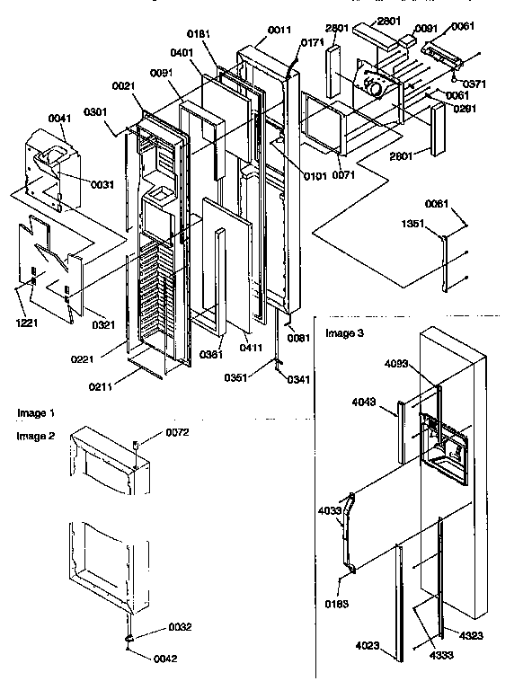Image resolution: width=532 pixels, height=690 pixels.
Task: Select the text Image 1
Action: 36,413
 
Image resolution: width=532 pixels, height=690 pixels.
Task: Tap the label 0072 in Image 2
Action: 176,433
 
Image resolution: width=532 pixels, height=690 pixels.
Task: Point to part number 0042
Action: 164,658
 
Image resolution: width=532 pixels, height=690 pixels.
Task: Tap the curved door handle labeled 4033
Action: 341,530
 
